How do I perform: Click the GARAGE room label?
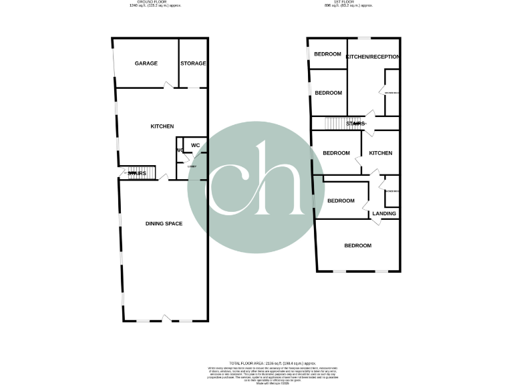[x=146, y=63]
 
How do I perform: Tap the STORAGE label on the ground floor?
[x=193, y=63]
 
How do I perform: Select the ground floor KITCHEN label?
[x=162, y=126]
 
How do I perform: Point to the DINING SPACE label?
[x=164, y=223]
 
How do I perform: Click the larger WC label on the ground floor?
[x=196, y=145]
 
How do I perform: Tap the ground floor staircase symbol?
[x=142, y=174]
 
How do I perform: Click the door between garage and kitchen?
[x=169, y=86]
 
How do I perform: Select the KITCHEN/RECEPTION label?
[x=373, y=57]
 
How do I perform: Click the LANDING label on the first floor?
[x=384, y=214]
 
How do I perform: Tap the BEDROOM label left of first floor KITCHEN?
[x=336, y=153]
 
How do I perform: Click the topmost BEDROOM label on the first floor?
[x=328, y=54]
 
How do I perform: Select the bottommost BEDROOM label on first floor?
[x=357, y=245]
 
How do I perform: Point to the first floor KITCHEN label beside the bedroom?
[x=381, y=153]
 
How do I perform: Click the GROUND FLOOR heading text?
[x=155, y=3]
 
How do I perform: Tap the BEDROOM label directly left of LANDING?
[x=341, y=201]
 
